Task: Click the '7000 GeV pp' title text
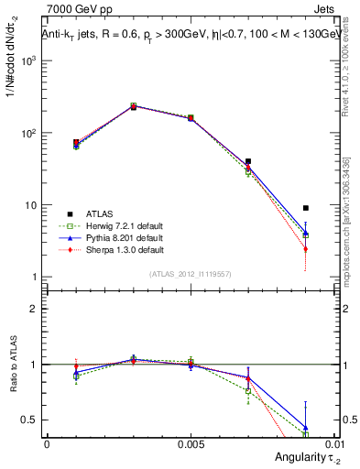[x=75, y=10]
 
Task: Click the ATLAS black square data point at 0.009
[x=306, y=208]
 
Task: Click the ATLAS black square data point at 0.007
[x=248, y=161]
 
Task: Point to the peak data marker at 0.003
[x=134, y=106]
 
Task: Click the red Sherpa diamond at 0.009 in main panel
[x=306, y=249]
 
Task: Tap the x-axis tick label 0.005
[x=191, y=443]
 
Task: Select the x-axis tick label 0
[x=47, y=443]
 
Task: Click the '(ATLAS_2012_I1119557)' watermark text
[x=190, y=274]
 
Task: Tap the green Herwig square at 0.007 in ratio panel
[x=248, y=391]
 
